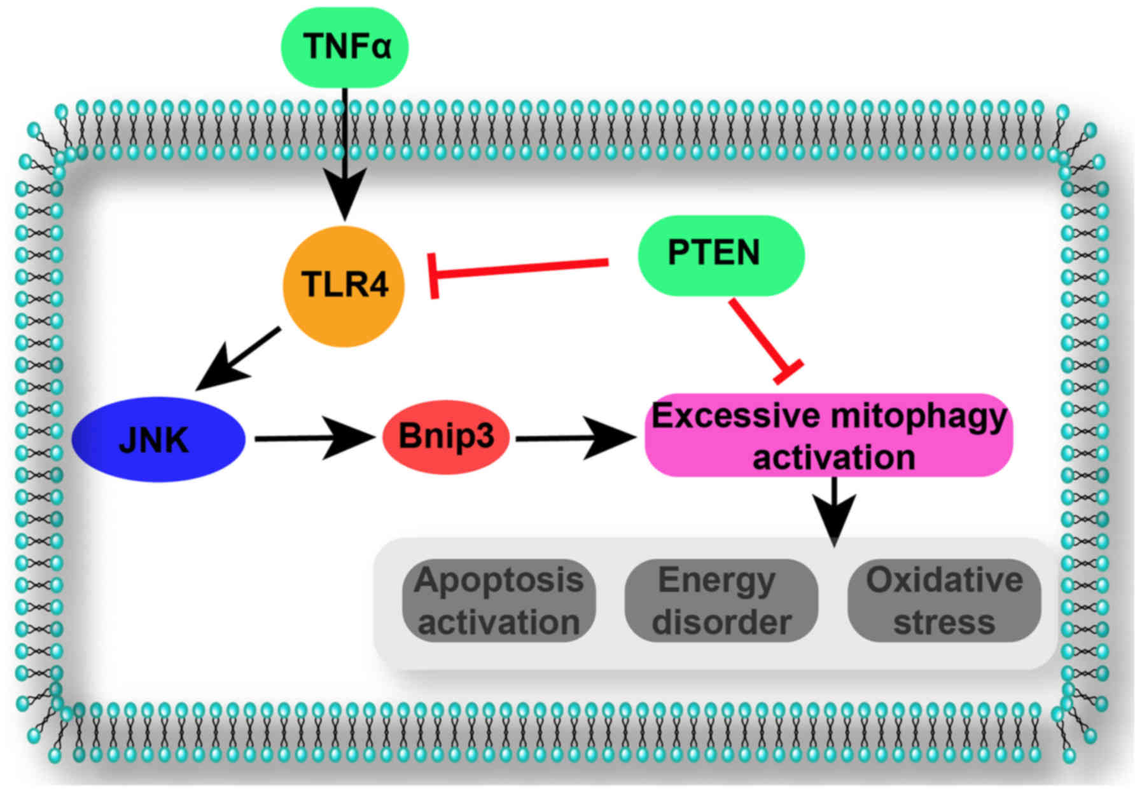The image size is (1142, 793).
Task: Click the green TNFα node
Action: pyautogui.click(x=345, y=47)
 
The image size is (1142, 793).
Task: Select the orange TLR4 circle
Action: pyautogui.click(x=344, y=286)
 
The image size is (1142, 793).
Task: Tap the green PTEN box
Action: pyautogui.click(x=720, y=254)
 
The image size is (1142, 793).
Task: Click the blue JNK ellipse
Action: pyautogui.click(x=158, y=439)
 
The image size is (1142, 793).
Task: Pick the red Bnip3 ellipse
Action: pyautogui.click(x=445, y=438)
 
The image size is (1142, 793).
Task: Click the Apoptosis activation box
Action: pyautogui.click(x=499, y=600)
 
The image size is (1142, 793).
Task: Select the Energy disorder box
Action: pyautogui.click(x=721, y=600)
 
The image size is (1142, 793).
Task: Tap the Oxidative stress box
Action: pyautogui.click(x=944, y=600)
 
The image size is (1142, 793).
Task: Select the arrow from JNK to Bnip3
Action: pyautogui.click(x=312, y=438)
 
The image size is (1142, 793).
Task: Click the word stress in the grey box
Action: pyautogui.click(x=944, y=621)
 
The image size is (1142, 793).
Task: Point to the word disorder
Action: pyautogui.click(x=721, y=621)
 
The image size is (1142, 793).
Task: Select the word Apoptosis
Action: pyautogui.click(x=499, y=580)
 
